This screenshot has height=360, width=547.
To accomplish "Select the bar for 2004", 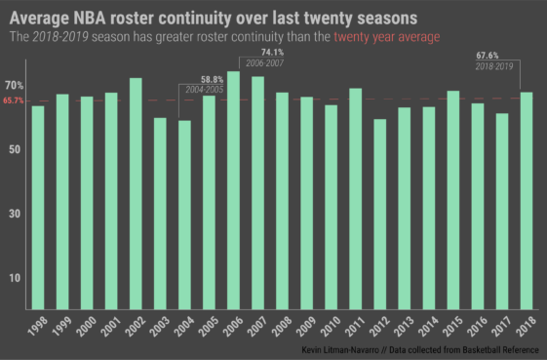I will coord(184,215).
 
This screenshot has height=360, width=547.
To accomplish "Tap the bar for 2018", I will coord(527,200).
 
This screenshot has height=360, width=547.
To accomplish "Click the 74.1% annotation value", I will coord(272,52).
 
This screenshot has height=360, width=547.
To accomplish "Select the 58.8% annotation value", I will coord(212,79).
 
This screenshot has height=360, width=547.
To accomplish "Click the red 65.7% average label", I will coord(14,100).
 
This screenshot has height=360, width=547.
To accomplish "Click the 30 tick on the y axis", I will coord(17,214).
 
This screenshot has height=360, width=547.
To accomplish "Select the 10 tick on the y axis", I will coord(17,278).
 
